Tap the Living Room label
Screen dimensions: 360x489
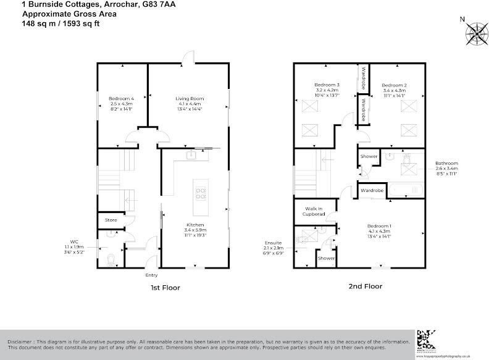[190, 99]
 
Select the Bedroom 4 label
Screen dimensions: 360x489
[121, 99]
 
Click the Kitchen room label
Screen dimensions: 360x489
[195, 225]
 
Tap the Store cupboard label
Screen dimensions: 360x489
[111, 219]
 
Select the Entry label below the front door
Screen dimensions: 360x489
[151, 275]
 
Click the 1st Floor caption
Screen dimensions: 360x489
[164, 287]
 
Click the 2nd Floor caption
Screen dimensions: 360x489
[365, 287]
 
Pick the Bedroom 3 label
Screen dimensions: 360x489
[327, 85]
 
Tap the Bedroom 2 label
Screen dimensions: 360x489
[393, 85]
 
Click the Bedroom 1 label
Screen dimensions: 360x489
[379, 225]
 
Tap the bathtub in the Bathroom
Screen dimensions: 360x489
[405, 190]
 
